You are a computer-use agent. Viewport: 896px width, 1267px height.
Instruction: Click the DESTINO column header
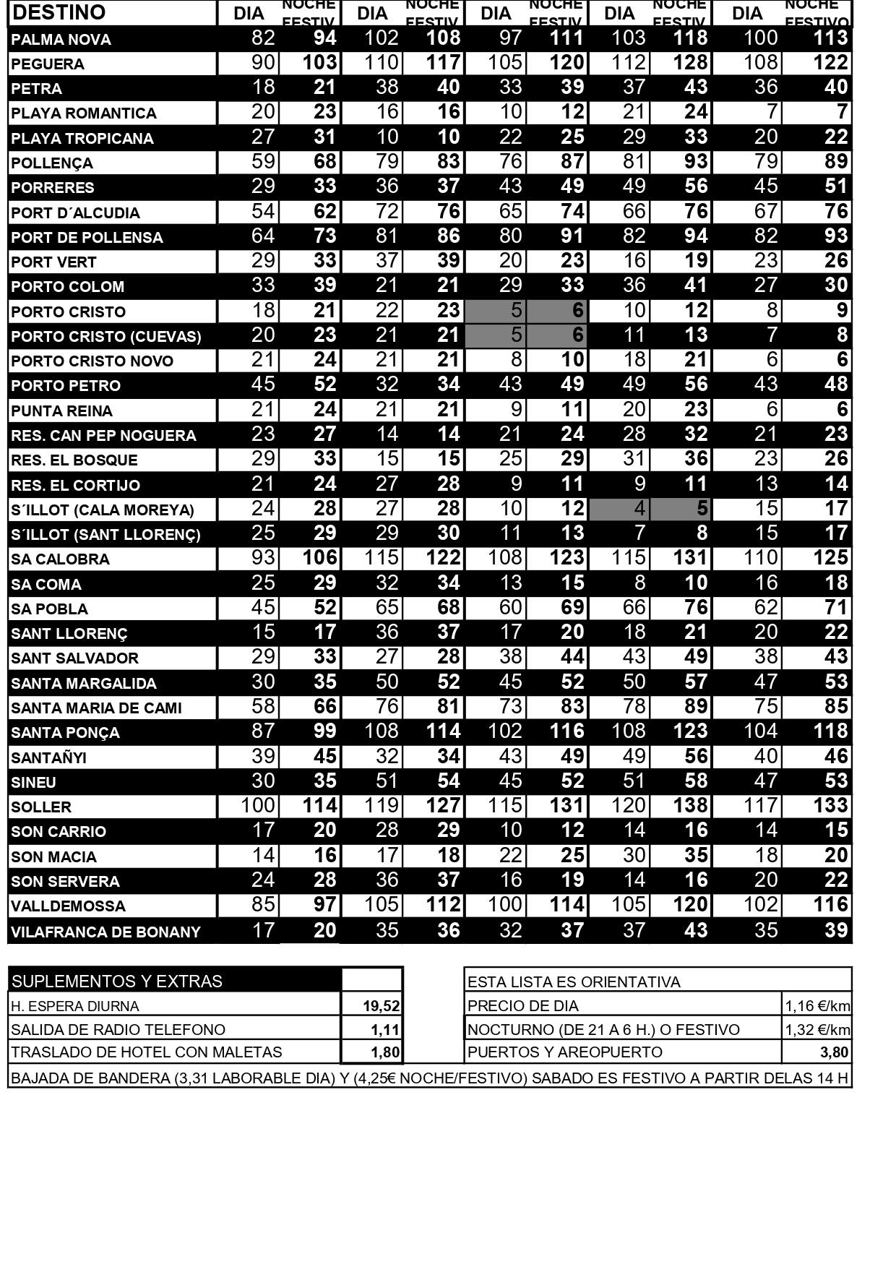(x=59, y=12)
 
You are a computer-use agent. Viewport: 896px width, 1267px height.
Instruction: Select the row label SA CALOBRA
(x=61, y=559)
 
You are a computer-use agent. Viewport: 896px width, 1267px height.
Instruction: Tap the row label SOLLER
(x=41, y=807)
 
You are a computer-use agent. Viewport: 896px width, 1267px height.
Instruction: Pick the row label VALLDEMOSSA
(x=68, y=906)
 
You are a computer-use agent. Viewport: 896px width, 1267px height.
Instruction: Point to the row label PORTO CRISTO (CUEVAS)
(x=106, y=336)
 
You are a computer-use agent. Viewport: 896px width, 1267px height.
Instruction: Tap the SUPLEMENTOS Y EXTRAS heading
(x=117, y=981)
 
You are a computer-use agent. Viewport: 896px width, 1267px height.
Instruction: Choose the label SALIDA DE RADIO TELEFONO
(x=119, y=1029)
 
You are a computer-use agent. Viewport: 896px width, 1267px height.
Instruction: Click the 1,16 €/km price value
(x=817, y=1005)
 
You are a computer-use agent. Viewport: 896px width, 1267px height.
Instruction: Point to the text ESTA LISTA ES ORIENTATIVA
(x=574, y=982)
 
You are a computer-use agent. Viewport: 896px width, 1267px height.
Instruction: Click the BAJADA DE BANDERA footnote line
(x=429, y=1078)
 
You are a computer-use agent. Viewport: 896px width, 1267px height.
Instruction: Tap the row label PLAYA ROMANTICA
(x=84, y=113)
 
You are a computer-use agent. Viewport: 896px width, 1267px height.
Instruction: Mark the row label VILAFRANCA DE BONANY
(x=105, y=932)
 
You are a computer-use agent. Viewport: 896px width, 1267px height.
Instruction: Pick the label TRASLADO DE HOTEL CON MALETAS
(x=147, y=1052)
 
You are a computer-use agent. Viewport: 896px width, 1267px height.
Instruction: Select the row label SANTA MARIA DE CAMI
(x=97, y=708)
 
